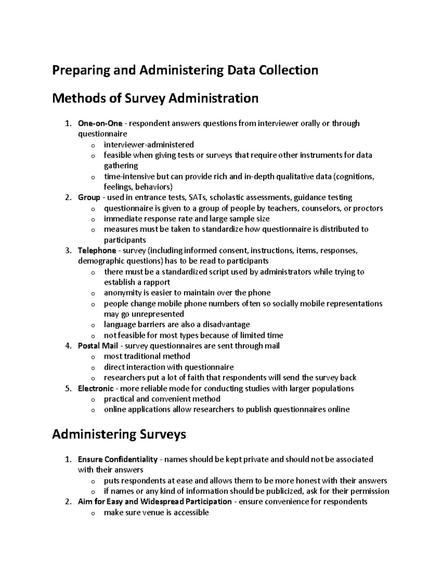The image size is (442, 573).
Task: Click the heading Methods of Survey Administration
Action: click(155, 99)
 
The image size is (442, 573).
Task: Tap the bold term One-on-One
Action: click(100, 123)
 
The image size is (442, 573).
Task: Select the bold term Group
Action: click(89, 197)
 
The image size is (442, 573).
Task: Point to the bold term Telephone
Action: click(97, 251)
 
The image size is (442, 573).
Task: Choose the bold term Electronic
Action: click(96, 389)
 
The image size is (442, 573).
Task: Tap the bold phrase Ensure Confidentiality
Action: click(117, 459)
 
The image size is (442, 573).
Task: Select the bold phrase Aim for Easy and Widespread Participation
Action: click(155, 502)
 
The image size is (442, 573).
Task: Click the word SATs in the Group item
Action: click(197, 197)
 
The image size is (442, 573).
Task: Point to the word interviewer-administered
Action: click(148, 145)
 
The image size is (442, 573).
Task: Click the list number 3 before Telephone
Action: click(67, 251)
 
